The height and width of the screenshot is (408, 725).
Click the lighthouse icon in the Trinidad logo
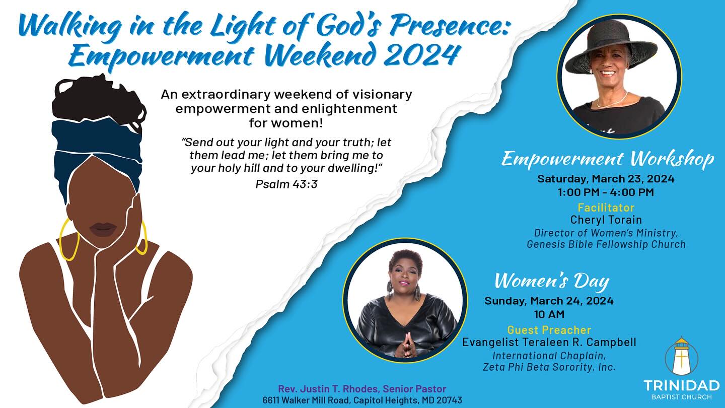[x=681, y=356]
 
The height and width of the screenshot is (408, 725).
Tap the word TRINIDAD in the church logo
[x=682, y=386]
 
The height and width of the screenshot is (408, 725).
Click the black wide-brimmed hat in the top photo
[x=611, y=45]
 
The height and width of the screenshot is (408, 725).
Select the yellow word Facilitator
[x=606, y=207]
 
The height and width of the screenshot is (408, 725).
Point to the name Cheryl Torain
[x=606, y=220]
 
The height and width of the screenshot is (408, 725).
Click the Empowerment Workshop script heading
[x=608, y=159]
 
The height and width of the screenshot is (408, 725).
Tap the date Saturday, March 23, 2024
[x=606, y=179]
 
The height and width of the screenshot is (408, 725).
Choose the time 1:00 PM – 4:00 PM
[x=606, y=192]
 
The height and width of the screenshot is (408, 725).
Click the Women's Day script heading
[x=552, y=281]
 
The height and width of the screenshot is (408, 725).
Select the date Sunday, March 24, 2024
[x=549, y=301]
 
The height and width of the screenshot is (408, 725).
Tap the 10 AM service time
[x=549, y=314]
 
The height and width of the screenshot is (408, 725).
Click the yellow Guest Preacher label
[x=549, y=329]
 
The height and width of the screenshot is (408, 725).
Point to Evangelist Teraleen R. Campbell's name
[x=549, y=343]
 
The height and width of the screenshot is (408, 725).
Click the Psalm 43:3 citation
[x=286, y=184]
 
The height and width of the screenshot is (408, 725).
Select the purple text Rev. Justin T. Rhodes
[x=329, y=388]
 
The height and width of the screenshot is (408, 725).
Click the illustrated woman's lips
[x=102, y=230]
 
